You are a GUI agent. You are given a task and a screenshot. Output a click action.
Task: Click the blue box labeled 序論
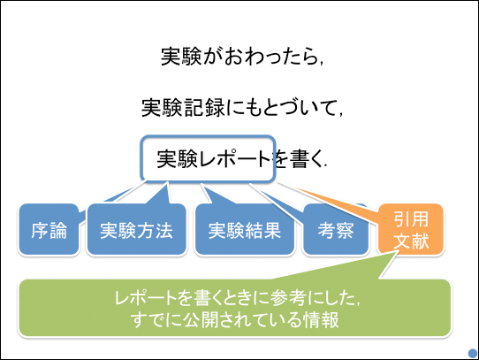(49, 229)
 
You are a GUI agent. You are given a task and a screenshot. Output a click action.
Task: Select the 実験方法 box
(137, 229)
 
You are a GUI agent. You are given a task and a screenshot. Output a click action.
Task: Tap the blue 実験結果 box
(245, 229)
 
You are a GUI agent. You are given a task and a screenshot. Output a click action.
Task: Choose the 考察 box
(336, 229)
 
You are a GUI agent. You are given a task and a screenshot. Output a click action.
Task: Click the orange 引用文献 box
(411, 229)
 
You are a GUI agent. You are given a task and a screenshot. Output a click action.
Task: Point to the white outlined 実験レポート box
(208, 158)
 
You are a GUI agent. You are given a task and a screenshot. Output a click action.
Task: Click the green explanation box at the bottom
(234, 308)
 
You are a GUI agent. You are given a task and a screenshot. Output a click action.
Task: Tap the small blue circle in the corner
(473, 354)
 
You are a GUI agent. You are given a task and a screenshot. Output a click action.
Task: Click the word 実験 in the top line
(181, 57)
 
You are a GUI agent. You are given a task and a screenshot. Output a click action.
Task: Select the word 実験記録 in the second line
(183, 108)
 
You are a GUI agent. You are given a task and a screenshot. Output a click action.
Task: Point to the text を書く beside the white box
(300, 159)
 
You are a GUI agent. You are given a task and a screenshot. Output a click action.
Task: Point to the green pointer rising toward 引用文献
(336, 265)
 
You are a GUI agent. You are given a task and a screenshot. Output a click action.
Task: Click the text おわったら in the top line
(262, 57)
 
